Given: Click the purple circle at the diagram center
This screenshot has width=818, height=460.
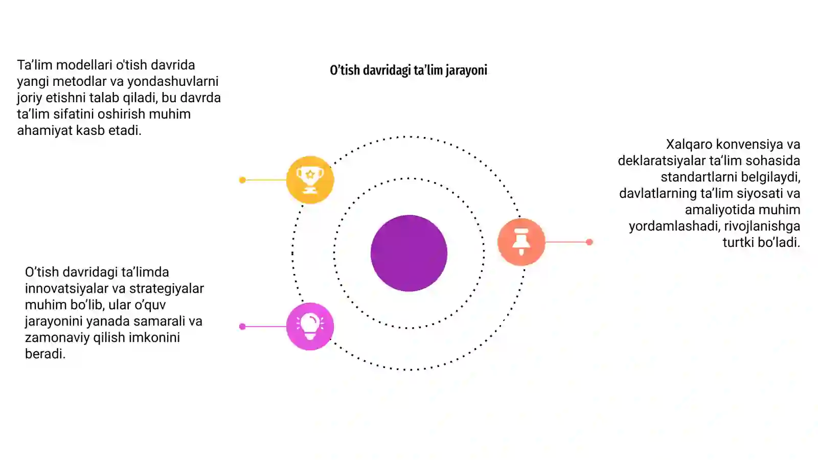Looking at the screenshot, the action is coord(408,253).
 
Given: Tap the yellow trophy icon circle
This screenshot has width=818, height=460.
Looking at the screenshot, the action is coord(310,179).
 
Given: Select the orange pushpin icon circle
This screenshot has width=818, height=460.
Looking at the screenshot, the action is coord(521,242).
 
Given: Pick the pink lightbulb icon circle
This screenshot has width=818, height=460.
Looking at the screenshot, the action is coord(310,327).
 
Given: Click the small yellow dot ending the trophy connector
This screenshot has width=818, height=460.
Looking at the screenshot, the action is coord(242,180).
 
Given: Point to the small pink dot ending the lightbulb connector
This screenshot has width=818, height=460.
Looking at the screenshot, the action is coord(242,327).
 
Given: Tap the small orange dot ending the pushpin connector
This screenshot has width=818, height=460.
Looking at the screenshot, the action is coord(589,242).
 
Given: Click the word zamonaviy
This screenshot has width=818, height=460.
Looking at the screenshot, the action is coord(57,338).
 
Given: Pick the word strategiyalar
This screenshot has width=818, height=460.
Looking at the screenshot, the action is coord(167,289).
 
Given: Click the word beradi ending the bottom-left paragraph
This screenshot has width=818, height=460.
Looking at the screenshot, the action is coord(45,354).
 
